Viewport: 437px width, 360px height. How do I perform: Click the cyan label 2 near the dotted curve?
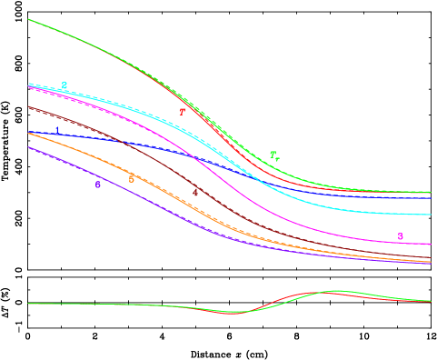click(64, 85)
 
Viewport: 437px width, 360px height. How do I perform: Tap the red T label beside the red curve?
click(182, 112)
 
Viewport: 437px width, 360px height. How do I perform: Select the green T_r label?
click(274, 156)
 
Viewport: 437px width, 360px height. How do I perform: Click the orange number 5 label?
click(132, 179)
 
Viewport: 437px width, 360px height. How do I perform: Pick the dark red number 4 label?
click(195, 193)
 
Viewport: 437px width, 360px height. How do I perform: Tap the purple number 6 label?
click(98, 185)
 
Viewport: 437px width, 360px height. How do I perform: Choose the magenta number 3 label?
click(401, 237)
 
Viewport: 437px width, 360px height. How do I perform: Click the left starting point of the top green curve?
click(29, 19)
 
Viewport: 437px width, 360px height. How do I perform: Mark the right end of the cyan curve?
click(430, 215)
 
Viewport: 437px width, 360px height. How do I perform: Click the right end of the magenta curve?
click(430, 244)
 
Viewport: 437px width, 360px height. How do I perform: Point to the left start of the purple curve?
click(29, 147)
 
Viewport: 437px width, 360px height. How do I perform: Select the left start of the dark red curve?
click(29, 106)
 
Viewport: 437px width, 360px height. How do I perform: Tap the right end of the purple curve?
click(430, 264)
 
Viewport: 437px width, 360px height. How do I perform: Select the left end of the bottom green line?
click(29, 304)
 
